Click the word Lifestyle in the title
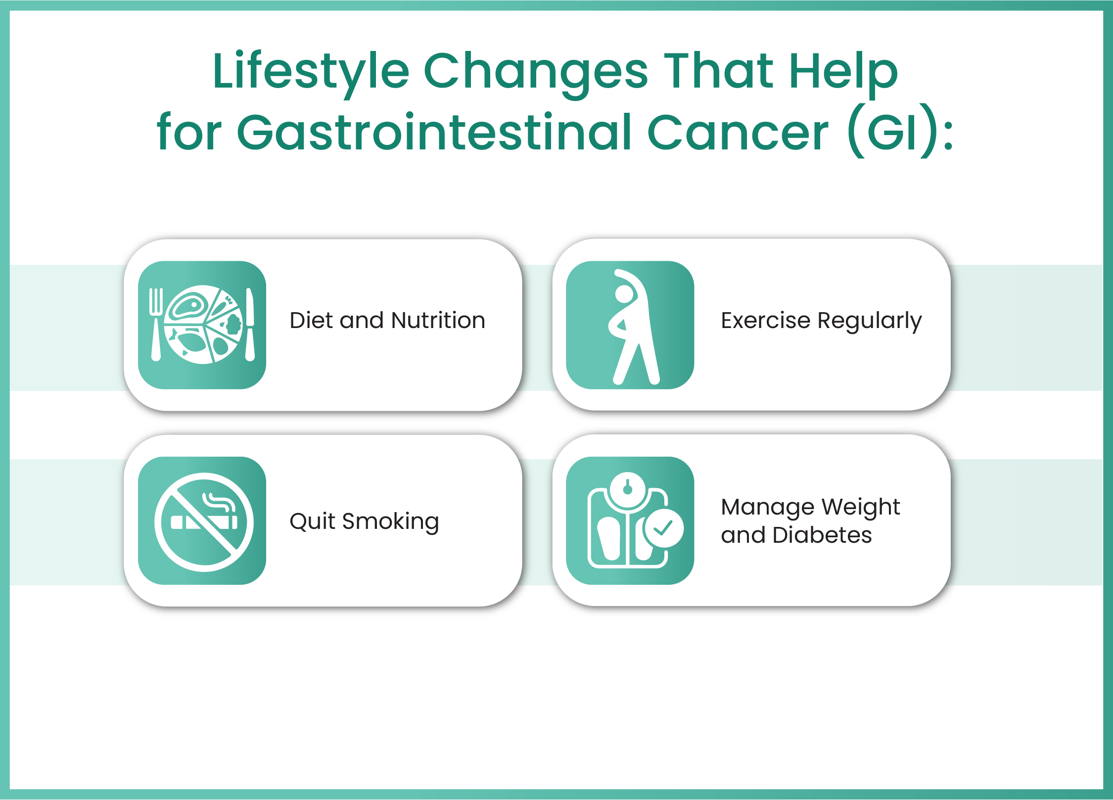pos(311,72)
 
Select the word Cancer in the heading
pos(738,133)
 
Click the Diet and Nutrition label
pos(387,321)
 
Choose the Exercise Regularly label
pos(821,321)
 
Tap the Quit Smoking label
pos(364,521)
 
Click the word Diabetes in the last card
pos(822,535)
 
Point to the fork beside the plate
pos(156,324)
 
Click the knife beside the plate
pos(250,324)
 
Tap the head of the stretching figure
pos(624,294)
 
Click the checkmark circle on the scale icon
pos(663,528)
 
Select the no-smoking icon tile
pos(202,521)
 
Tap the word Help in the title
pos(843,72)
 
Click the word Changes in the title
pos(535,72)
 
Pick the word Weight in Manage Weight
pos(861,507)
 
